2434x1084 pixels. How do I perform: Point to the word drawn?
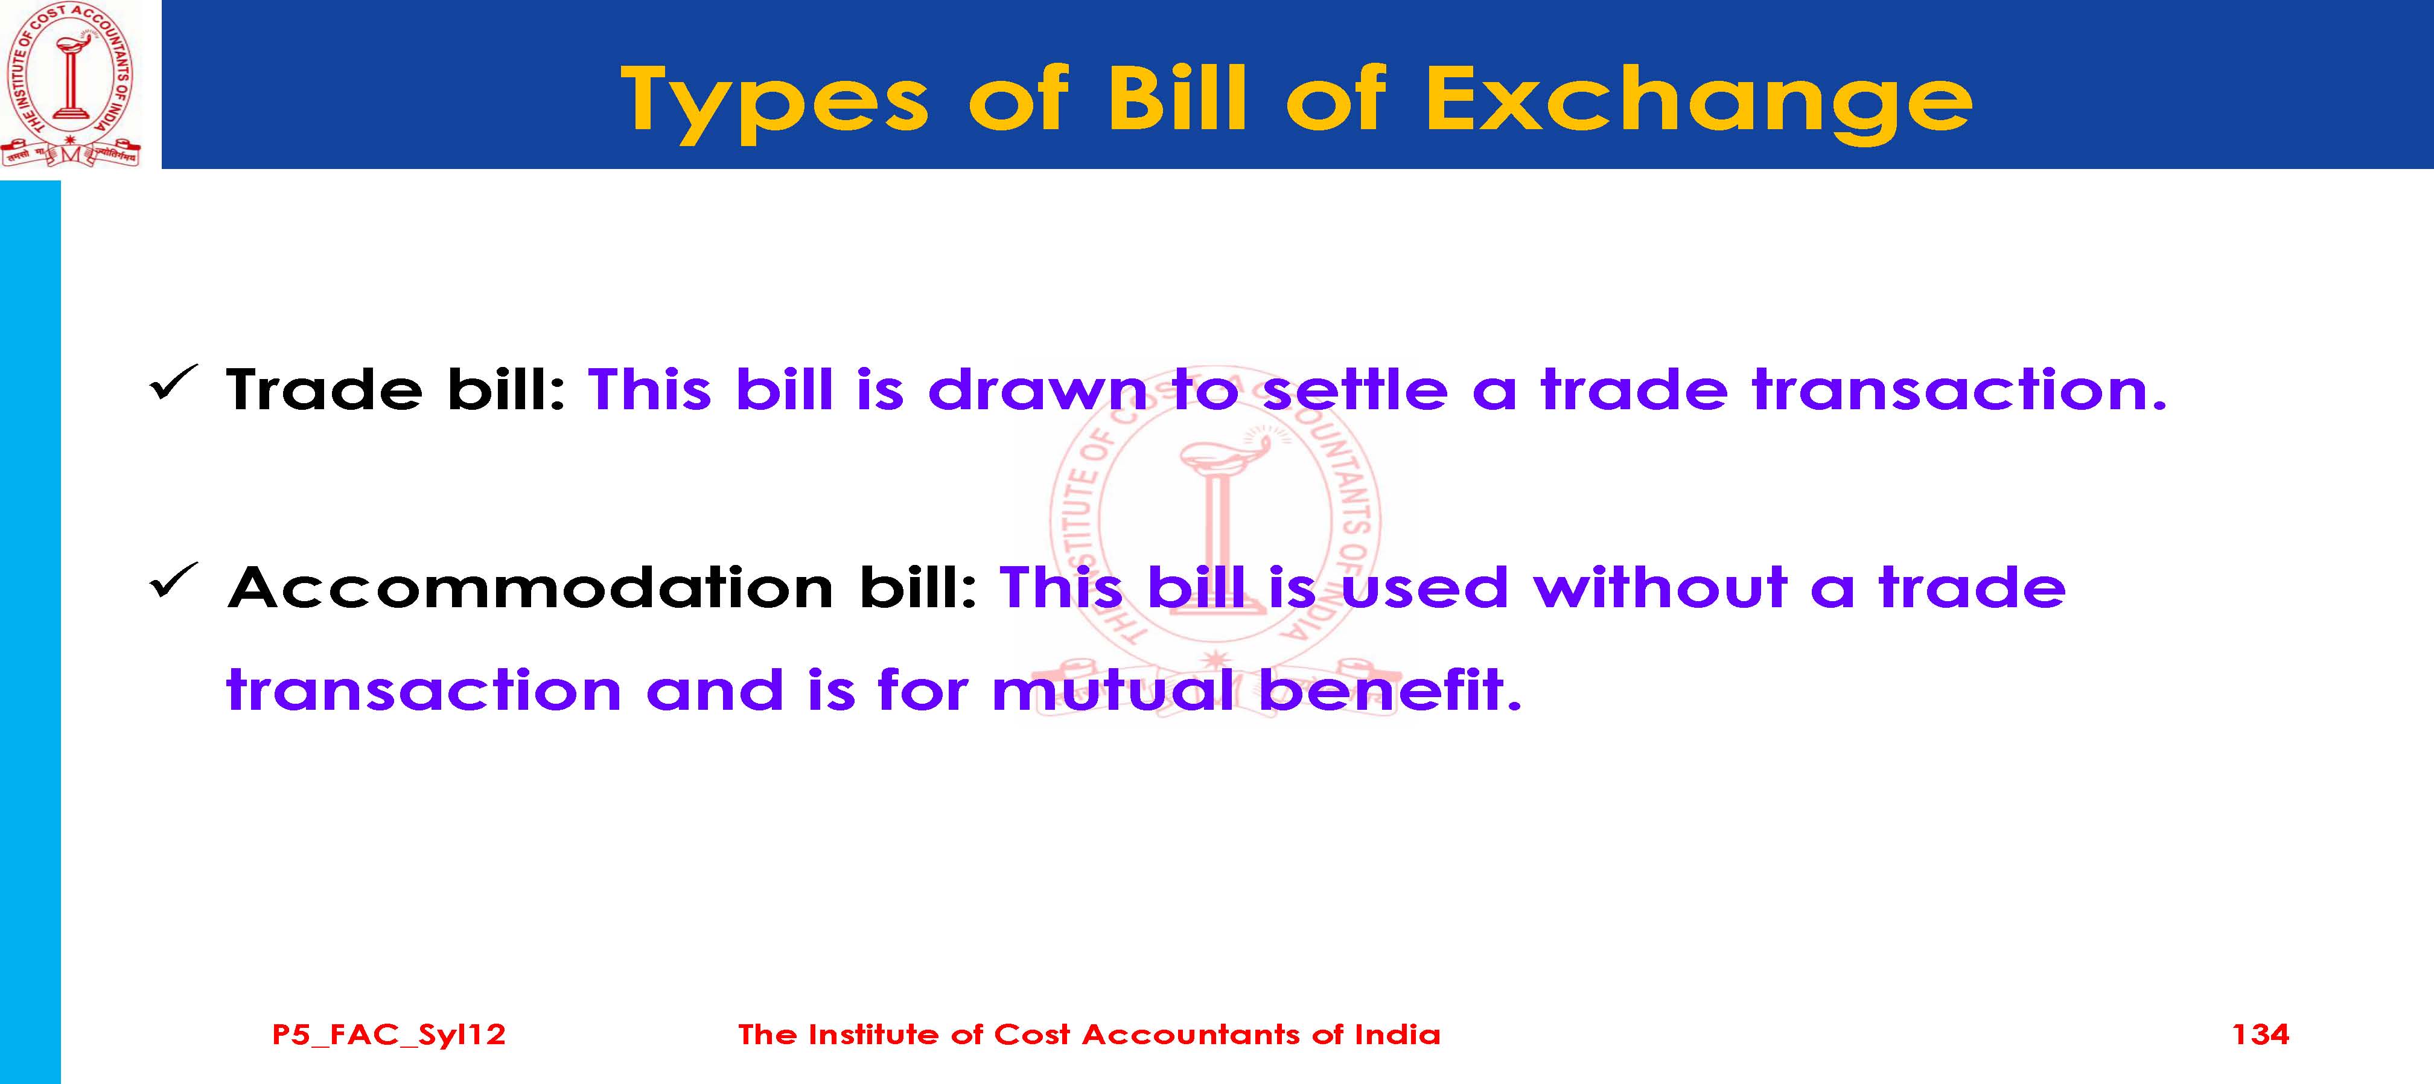coord(1037,389)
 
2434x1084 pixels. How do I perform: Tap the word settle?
coord(1355,389)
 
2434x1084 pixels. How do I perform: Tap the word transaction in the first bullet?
coord(1960,389)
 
